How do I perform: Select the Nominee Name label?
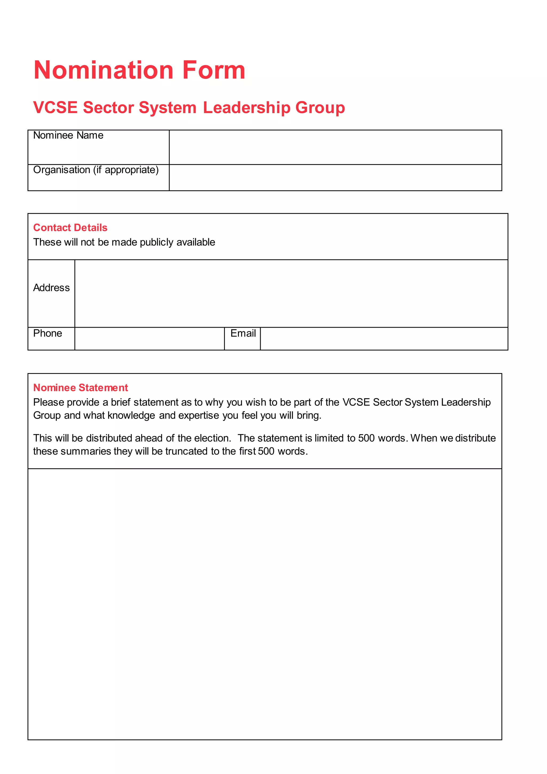[68, 136]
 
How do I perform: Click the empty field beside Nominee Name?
[335, 147]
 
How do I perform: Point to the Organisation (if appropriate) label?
[96, 170]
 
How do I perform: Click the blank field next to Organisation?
[335, 178]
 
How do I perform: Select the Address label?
[51, 288]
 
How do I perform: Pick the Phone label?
[48, 333]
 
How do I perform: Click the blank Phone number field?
[149, 339]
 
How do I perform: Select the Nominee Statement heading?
[80, 388]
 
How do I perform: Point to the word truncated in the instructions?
[186, 451]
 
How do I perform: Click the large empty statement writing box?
[265, 603]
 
